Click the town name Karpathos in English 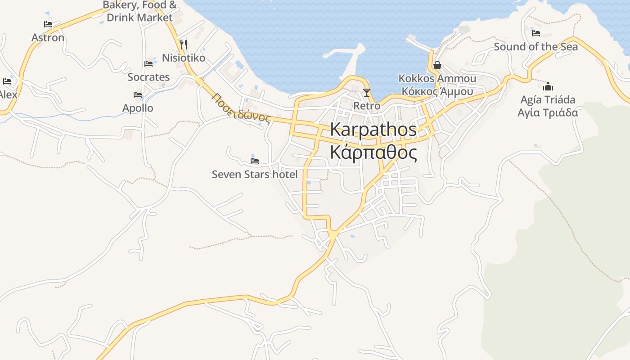point(373,130)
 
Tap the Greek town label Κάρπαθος point(373,153)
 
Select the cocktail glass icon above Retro point(367,93)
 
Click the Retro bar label point(367,106)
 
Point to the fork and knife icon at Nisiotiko point(183,44)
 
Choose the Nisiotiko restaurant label point(184,58)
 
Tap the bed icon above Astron point(48,24)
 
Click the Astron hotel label point(48,38)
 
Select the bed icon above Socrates point(148,64)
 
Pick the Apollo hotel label point(138,108)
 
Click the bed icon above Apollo point(138,95)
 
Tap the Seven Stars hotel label point(255,174)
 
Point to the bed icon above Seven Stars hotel point(255,161)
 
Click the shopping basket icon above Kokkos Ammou point(437,66)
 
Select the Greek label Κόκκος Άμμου point(437,92)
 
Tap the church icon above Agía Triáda point(548,86)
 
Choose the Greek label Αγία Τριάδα point(548,112)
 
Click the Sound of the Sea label point(535,47)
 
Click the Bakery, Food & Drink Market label point(139,12)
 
